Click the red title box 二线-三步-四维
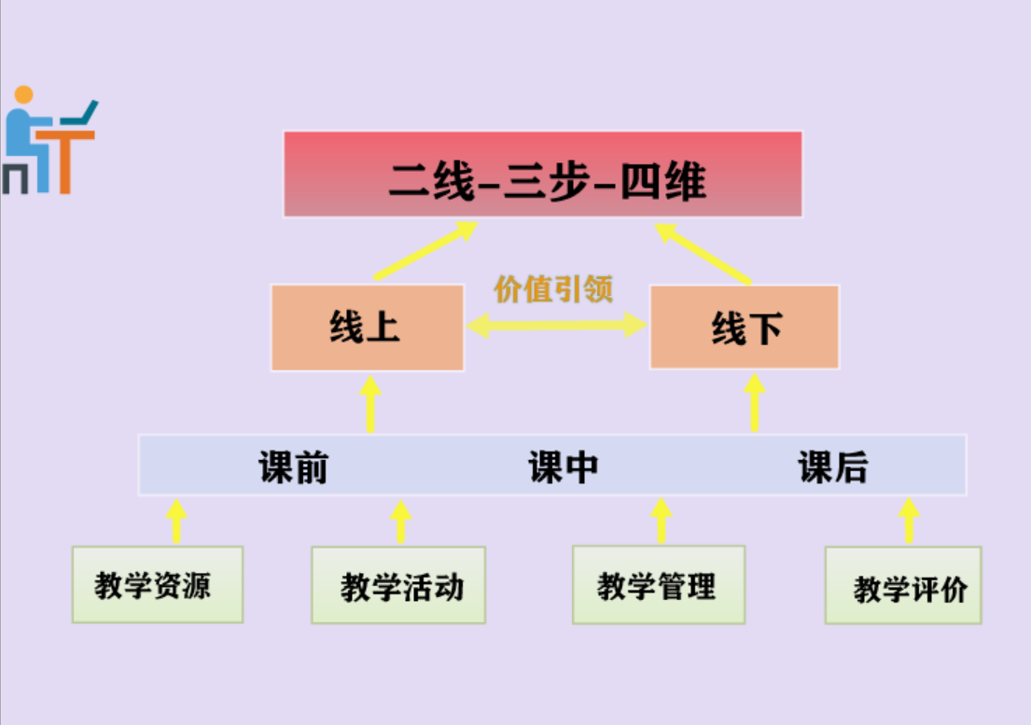[543, 174]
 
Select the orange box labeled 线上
[367, 328]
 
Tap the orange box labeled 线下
[745, 328]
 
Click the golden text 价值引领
[553, 289]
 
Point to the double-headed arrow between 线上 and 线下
[557, 325]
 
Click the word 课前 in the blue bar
[293, 467]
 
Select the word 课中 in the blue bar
[563, 467]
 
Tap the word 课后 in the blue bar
[832, 467]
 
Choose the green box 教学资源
[158, 585]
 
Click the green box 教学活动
[398, 586]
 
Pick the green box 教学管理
[659, 585]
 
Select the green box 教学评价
[903, 586]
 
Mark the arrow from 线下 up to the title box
[704, 252]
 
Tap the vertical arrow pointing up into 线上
[370, 404]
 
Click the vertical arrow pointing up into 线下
[755, 402]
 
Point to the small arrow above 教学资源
[175, 521]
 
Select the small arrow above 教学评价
[909, 521]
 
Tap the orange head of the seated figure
[24, 95]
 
